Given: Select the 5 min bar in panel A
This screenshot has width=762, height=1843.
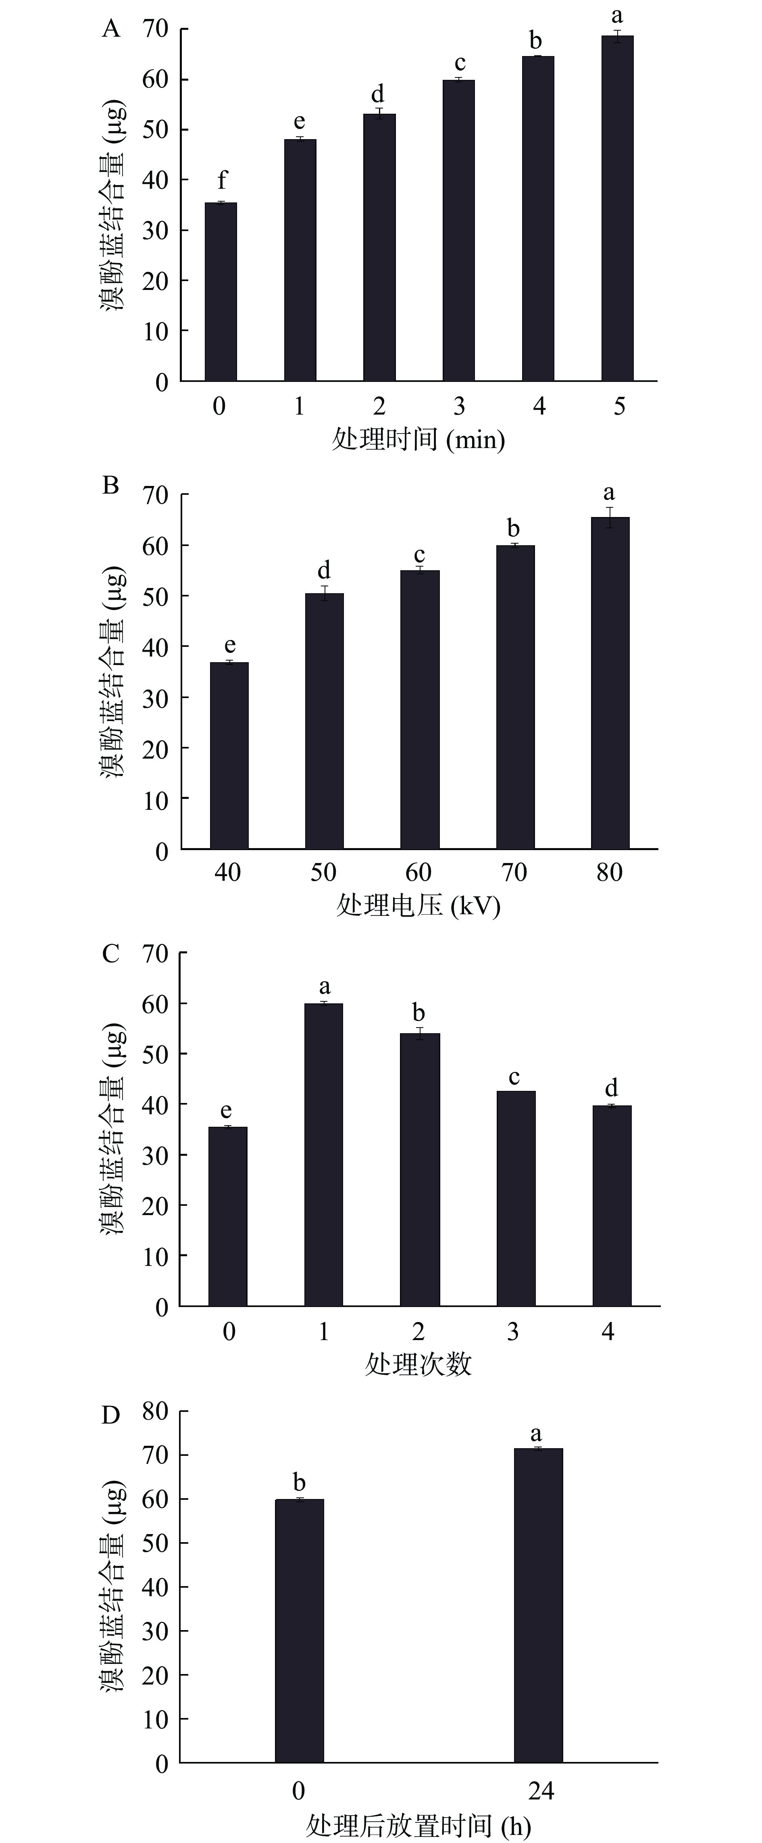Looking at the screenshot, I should pos(617,207).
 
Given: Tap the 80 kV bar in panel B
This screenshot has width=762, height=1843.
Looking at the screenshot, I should pos(610,683).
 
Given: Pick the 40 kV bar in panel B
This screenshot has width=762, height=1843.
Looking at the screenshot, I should pos(229,755).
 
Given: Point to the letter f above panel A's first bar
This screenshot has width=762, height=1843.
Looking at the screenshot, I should pos(222,180).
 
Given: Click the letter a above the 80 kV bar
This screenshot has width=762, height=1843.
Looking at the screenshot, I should pos(609,493).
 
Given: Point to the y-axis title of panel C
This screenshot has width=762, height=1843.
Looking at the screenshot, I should pos(112,1129).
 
